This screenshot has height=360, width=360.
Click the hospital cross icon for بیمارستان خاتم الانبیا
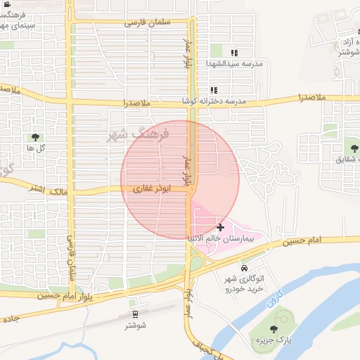point(221,227)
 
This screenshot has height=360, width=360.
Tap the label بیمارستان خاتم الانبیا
point(223,239)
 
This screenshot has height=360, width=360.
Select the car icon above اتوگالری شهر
point(243,268)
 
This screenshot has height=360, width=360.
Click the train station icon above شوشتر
point(135,314)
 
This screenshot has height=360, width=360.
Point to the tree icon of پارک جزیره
point(274,329)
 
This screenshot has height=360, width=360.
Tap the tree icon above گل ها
point(35,137)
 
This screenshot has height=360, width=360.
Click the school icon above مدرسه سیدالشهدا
point(234,53)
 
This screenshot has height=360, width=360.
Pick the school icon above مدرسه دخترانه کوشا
point(214,91)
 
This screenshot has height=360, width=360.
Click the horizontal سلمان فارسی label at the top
point(149,22)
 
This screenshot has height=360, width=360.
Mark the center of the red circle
point(180,180)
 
